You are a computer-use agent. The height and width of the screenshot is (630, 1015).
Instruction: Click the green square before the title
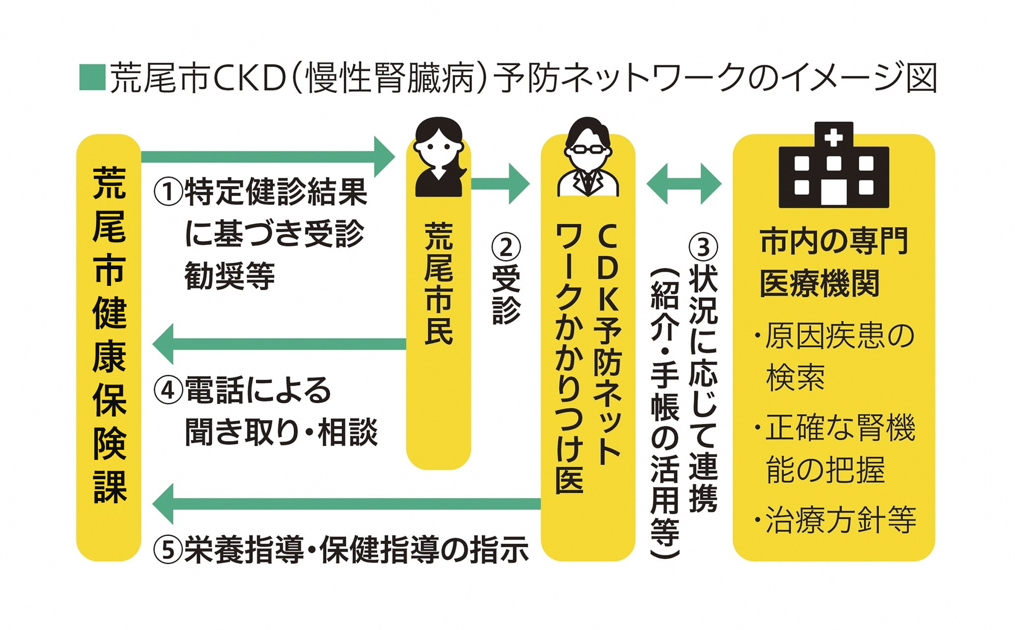click(92, 77)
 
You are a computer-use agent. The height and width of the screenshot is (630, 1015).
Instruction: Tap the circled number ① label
click(168, 192)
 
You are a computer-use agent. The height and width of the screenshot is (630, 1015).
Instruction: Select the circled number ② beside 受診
click(506, 247)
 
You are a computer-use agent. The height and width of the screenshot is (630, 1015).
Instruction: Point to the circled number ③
click(703, 247)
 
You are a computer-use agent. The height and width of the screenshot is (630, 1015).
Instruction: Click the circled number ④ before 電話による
click(168, 390)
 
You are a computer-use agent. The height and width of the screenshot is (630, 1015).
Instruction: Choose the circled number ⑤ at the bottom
click(168, 550)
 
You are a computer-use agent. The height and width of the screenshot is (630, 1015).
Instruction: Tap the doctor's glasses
click(587, 149)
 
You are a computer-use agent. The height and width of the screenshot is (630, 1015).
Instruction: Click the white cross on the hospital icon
click(833, 138)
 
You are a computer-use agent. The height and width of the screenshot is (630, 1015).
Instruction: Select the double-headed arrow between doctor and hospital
click(684, 184)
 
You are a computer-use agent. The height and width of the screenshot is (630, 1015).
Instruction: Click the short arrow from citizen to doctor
click(500, 184)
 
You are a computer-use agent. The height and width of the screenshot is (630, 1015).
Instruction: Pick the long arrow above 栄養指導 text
click(347, 504)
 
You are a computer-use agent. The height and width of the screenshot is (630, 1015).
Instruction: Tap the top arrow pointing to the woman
click(268, 157)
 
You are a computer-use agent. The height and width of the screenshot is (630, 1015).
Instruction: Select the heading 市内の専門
click(834, 241)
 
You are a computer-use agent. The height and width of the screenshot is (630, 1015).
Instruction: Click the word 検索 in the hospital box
click(795, 377)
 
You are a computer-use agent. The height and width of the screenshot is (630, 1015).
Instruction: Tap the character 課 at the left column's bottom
click(109, 486)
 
